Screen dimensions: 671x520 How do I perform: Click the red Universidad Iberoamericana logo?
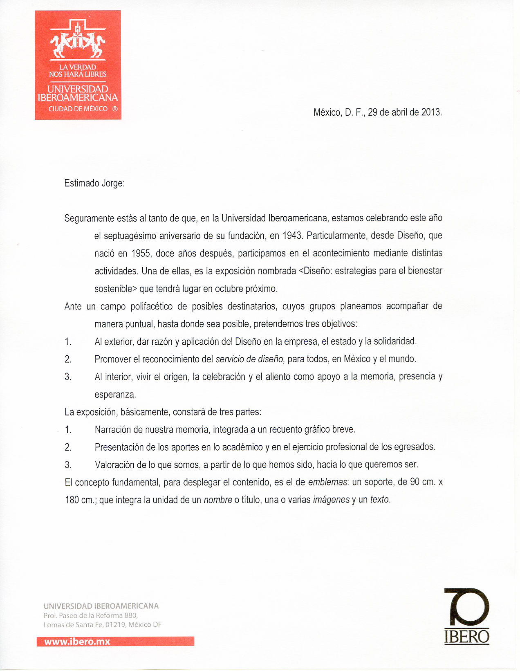[78, 65]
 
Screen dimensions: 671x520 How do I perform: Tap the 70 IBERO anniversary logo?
[466, 616]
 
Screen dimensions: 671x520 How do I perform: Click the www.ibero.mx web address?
[77, 642]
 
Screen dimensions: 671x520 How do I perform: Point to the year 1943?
[291, 236]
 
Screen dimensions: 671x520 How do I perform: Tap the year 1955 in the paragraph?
[141, 254]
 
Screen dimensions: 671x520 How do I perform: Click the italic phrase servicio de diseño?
[250, 359]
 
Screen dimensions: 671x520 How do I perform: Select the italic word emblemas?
[327, 482]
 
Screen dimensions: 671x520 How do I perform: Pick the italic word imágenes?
[331, 500]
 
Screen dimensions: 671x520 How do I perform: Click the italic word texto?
[380, 500]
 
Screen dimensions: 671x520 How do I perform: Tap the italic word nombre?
[218, 500]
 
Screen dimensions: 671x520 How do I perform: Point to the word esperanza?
[115, 395]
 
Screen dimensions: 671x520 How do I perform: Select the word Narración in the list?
[113, 430]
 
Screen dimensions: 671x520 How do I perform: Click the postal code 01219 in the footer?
[116, 624]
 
